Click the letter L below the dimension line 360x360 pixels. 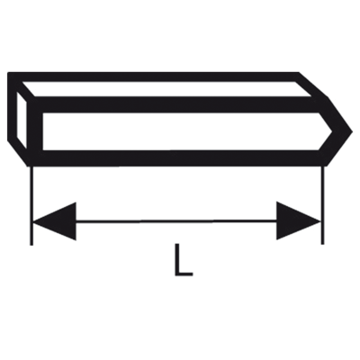click(184, 259)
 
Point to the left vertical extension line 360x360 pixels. click(31, 205)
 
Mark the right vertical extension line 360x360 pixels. click(322, 205)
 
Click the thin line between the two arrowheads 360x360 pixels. click(176, 221)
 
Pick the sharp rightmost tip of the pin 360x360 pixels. click(352, 131)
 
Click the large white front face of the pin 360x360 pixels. click(187, 131)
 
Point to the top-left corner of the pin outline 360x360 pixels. click(8, 73)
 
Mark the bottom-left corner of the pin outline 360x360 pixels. click(30, 165)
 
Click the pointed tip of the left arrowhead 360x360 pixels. click(33, 222)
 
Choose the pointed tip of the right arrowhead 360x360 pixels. click(320, 221)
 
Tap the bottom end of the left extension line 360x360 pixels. click(31, 245)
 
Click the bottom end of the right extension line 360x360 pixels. click(322, 244)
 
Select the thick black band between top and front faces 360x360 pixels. click(180, 104)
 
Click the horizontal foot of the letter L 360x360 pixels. click(184, 274)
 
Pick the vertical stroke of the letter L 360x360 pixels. click(177, 259)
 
